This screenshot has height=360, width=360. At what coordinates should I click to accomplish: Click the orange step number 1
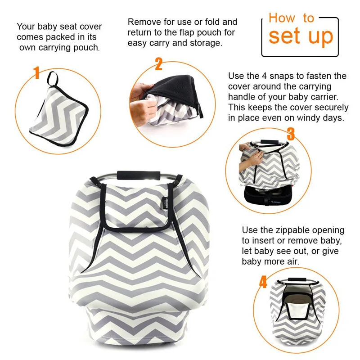[x=36, y=73]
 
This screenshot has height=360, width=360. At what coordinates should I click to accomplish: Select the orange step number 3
[x=291, y=134]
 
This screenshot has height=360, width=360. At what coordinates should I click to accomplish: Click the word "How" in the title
[x=282, y=18]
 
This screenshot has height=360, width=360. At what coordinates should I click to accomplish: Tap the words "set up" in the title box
[x=301, y=36]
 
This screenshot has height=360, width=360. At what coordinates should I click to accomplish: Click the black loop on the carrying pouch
[x=53, y=79]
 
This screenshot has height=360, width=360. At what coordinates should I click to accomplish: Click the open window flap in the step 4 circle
[x=298, y=310]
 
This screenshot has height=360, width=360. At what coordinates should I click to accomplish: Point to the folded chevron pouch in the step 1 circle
[x=59, y=117]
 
